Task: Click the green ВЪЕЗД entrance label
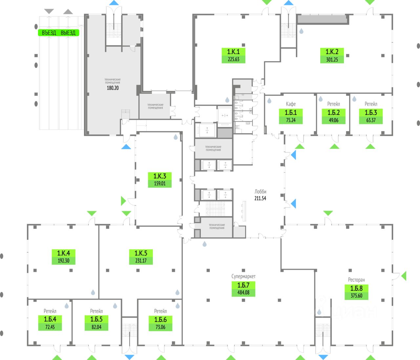(x=49, y=33)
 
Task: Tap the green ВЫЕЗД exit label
(x=68, y=33)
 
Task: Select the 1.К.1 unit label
(x=233, y=52)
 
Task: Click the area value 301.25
(x=332, y=60)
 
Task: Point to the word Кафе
(x=291, y=104)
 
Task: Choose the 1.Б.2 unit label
(x=334, y=112)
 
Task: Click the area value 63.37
(x=371, y=120)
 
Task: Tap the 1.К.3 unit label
(x=160, y=176)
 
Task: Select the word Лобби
(x=260, y=191)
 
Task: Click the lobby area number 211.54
(x=260, y=198)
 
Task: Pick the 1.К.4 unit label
(x=64, y=253)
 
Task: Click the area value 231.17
(x=141, y=261)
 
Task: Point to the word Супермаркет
(x=243, y=276)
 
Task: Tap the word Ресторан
(x=356, y=280)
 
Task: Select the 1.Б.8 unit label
(x=356, y=288)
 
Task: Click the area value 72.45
(x=50, y=327)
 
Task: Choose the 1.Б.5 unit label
(x=96, y=319)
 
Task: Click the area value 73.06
(x=160, y=327)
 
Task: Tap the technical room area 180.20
(x=113, y=88)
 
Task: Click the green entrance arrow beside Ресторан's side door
(x=404, y=276)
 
